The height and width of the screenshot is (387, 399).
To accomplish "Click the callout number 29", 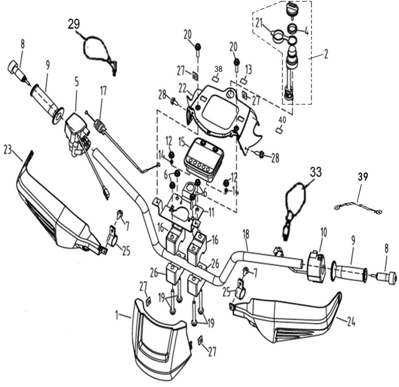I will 74,24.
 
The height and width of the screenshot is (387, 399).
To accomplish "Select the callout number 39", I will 363,177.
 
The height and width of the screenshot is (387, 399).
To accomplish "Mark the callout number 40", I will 282,120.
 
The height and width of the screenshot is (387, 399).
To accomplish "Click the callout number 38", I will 218,69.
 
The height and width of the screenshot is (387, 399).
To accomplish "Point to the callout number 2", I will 325,55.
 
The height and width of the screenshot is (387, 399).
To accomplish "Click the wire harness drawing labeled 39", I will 358,207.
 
